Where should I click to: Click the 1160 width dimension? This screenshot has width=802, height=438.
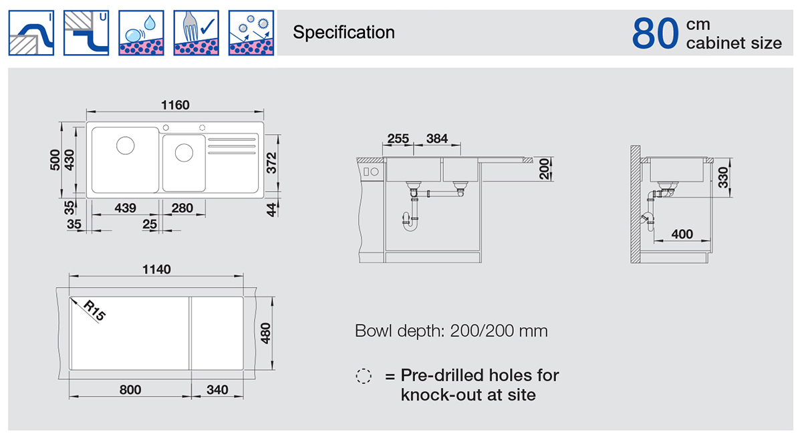pos(175,105)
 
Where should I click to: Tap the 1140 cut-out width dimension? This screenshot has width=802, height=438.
pos(156,269)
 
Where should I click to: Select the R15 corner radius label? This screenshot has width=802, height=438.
pos(94,310)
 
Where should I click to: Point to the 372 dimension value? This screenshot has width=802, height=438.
pos(272,163)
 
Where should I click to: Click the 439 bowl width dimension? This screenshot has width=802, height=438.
pos(126,208)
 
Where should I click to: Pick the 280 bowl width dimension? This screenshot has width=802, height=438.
pos(182,208)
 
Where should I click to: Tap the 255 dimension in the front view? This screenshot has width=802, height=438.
pos(398,138)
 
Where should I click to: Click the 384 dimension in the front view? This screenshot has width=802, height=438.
pos(437,138)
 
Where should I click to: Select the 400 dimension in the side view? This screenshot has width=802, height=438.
pos(682,234)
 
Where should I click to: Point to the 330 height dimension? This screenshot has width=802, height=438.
pos(723,178)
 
